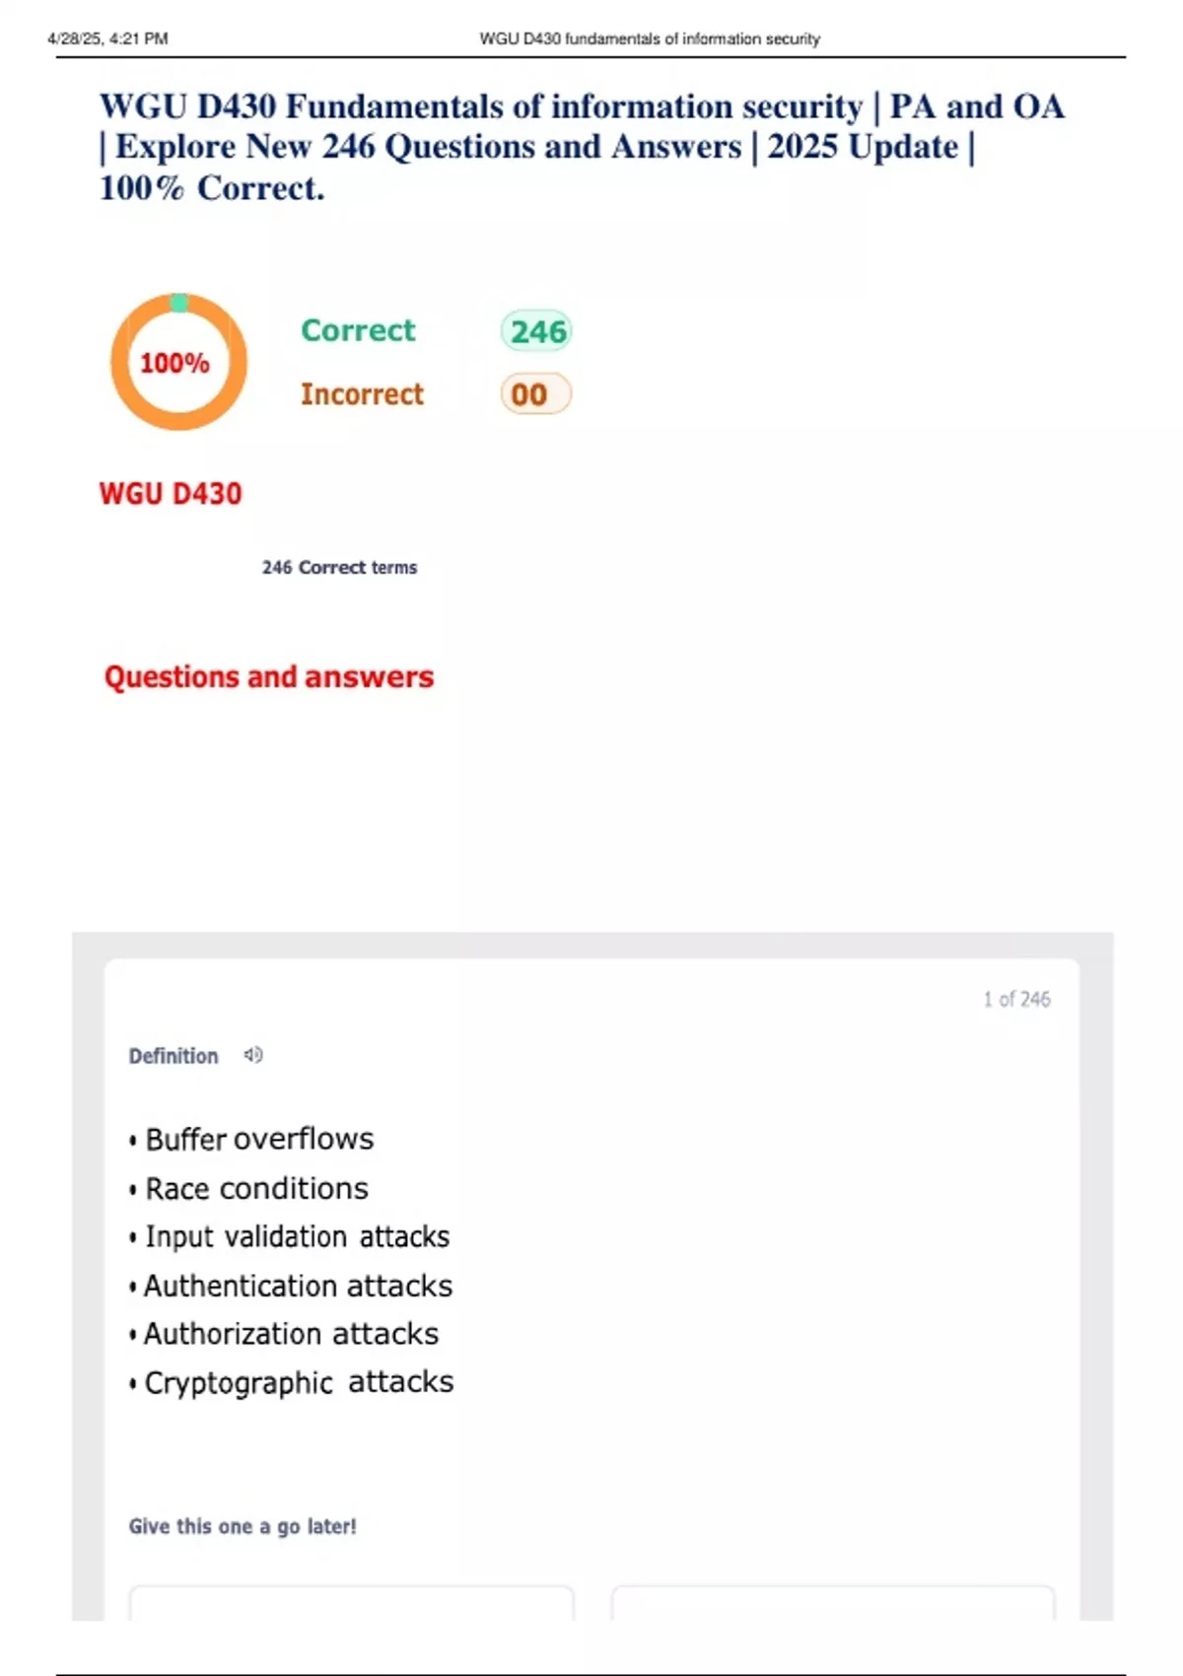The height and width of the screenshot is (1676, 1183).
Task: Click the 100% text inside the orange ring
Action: (x=174, y=364)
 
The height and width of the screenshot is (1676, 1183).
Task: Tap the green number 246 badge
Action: (x=537, y=331)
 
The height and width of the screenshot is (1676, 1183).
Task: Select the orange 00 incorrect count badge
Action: (x=534, y=394)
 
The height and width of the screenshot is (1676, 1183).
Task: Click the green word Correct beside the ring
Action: (x=358, y=330)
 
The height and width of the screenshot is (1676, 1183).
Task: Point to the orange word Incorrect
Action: (x=362, y=394)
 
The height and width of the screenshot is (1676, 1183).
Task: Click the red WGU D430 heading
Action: (x=171, y=494)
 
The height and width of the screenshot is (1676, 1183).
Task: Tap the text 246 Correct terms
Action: (x=339, y=568)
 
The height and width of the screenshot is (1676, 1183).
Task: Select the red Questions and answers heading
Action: (x=269, y=677)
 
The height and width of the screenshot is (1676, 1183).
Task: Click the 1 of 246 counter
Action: (x=1016, y=1000)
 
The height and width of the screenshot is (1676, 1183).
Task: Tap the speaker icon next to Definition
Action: (x=253, y=1056)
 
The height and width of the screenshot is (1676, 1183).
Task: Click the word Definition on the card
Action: (x=174, y=1057)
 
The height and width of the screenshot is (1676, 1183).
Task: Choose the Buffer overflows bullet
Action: (x=258, y=1140)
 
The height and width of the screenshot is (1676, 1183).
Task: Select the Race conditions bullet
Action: (x=256, y=1189)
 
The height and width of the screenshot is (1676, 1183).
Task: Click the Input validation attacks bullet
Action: (x=297, y=1237)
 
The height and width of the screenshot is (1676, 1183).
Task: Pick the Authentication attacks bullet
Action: (x=298, y=1287)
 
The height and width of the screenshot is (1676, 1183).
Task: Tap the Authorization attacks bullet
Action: (x=291, y=1334)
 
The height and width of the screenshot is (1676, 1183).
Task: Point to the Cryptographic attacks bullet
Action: (x=299, y=1382)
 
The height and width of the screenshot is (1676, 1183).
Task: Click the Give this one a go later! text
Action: (x=243, y=1527)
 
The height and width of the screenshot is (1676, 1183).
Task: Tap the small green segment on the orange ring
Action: (x=178, y=303)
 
